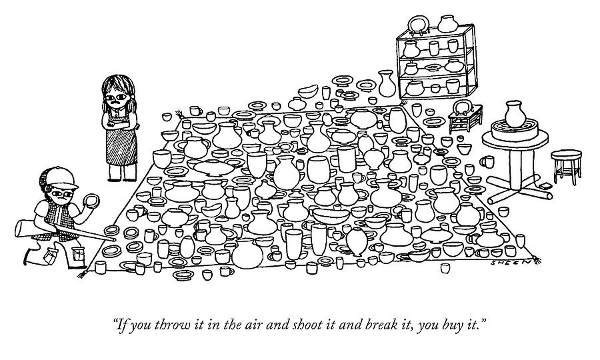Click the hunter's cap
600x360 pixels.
coord(61,177)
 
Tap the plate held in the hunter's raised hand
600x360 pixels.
coord(92,201)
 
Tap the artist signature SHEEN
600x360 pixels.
coord(511,263)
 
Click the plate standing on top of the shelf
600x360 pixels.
coord(419,25)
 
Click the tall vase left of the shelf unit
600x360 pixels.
coord(387,83)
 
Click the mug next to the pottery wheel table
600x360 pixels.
coord(487,161)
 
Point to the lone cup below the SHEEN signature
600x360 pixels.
coord(444,268)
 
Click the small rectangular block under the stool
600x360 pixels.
coord(545,186)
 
